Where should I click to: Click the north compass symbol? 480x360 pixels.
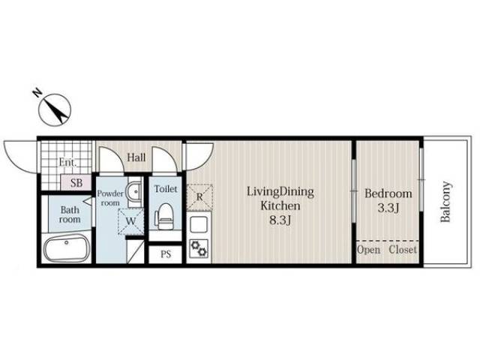55,109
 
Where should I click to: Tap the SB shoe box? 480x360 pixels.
76,183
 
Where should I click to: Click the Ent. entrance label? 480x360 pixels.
67,162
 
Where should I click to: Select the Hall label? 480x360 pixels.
136,157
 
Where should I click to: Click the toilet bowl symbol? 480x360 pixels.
165,216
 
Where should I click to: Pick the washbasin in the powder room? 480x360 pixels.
134,191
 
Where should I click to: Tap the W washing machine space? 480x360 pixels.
131,221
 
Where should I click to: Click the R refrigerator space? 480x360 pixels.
199,196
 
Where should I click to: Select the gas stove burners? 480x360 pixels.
199,248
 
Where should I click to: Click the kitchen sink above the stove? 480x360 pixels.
199,225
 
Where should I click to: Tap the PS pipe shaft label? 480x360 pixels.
166,254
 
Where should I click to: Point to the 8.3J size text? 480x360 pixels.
280,220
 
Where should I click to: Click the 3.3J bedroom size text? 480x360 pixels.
388,208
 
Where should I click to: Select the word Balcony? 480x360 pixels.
445,202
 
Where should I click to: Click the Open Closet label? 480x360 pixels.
387,250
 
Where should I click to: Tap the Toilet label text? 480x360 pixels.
166,189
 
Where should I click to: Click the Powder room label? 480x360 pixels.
110,198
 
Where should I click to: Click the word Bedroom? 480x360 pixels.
388,193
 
